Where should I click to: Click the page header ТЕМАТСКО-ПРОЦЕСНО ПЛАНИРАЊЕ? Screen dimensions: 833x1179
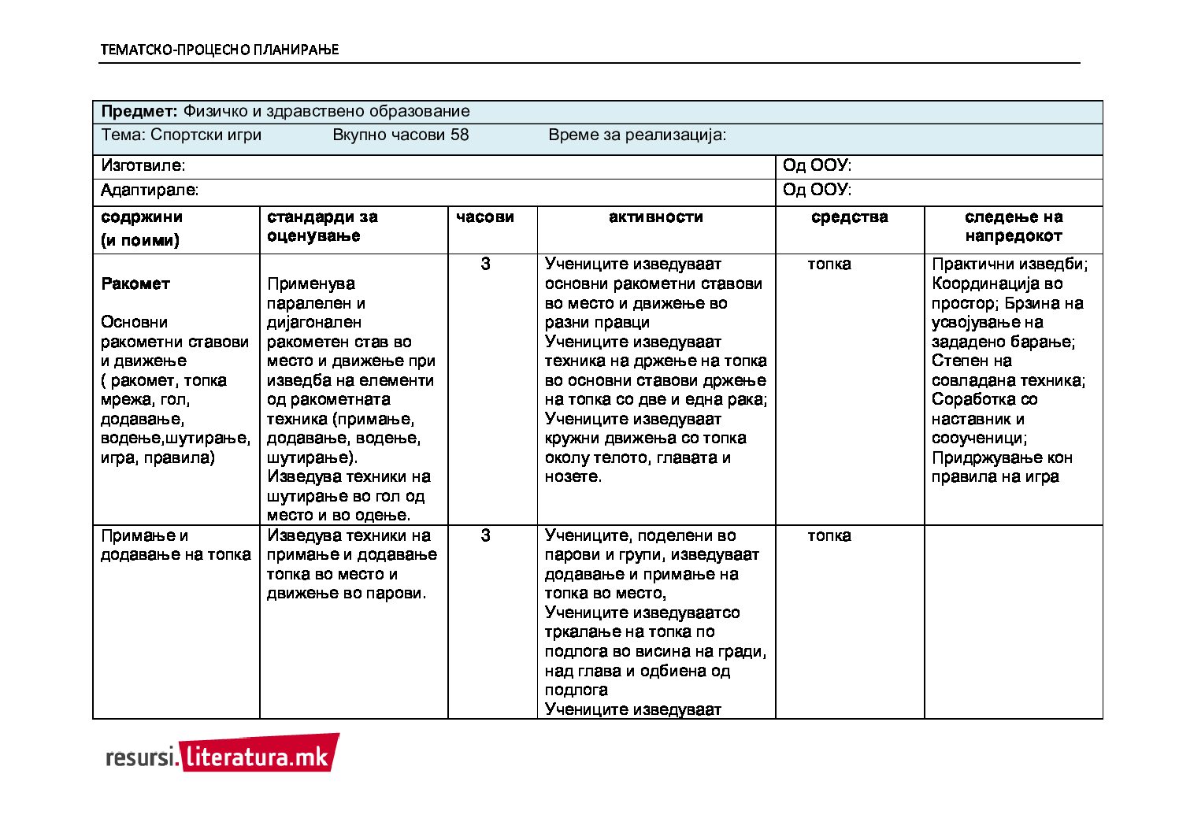[x=219, y=50]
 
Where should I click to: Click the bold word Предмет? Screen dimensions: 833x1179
[x=139, y=112]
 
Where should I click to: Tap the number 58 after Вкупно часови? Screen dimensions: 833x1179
[x=459, y=135]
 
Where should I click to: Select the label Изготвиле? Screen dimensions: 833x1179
[x=143, y=166]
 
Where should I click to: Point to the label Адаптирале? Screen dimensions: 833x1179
[x=150, y=190]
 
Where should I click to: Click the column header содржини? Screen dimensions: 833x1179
[x=142, y=217]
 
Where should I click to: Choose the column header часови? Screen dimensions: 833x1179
[x=485, y=217]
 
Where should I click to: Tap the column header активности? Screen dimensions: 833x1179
[x=655, y=217]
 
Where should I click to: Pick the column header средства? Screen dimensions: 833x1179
[x=849, y=217]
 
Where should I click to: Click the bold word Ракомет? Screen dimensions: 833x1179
[x=135, y=283]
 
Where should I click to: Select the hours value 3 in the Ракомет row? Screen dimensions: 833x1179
[x=485, y=264]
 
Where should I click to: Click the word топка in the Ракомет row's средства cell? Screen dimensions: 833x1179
[x=829, y=264]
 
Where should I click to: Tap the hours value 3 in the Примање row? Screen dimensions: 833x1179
[x=485, y=535]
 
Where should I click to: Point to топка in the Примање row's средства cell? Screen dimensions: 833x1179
[x=829, y=535]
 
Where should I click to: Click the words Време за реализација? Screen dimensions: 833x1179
[x=637, y=135]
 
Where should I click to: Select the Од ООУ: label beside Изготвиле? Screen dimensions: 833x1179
[x=817, y=166]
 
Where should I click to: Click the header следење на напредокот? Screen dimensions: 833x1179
[x=1014, y=226]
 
